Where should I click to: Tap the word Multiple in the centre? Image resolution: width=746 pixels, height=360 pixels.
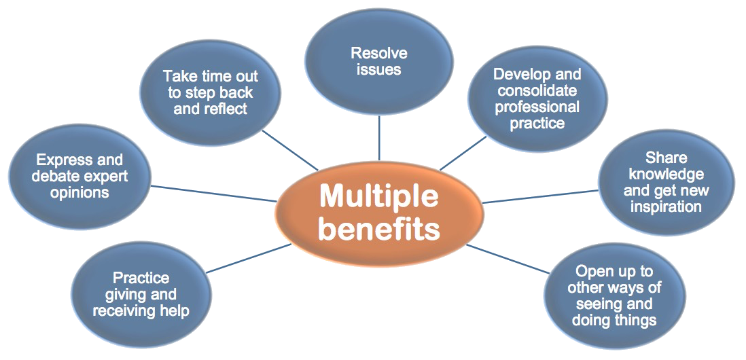click(378, 197)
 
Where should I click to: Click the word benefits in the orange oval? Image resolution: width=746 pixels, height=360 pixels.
click(378, 229)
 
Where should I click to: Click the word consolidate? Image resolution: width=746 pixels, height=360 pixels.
click(536, 90)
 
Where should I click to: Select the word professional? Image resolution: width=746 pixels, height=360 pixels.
click(537, 107)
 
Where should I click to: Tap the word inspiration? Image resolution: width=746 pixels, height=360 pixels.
click(666, 206)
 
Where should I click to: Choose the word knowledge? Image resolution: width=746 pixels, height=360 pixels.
click(666, 174)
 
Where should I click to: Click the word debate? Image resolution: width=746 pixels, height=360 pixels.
click(56, 177)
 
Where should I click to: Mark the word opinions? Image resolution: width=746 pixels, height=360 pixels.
click(79, 192)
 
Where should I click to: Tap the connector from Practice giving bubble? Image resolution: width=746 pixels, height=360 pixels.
click(248, 258)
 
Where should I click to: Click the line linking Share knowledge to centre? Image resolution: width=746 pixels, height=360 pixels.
click(540, 196)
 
